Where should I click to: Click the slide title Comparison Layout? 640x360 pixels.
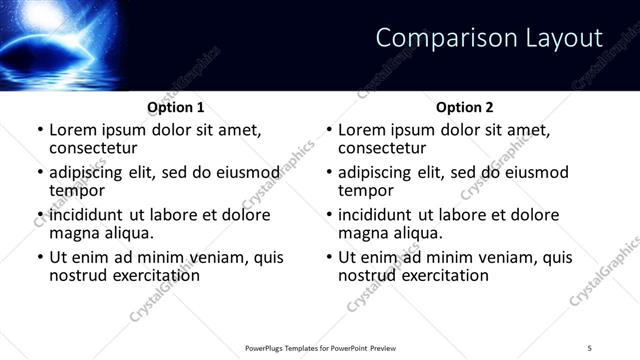(x=489, y=39)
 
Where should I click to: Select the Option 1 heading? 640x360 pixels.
(x=176, y=107)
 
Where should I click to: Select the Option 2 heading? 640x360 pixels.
(x=465, y=107)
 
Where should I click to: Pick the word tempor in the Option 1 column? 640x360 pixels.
(x=77, y=191)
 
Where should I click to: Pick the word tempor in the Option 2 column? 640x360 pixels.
(x=366, y=191)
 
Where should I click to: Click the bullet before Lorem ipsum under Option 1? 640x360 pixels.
(x=40, y=130)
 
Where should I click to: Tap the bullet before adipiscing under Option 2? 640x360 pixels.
(x=329, y=173)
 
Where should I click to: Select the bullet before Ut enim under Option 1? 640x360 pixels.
(x=40, y=257)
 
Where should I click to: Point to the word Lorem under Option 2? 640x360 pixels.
(x=362, y=130)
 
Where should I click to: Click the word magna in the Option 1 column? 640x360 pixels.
(x=75, y=233)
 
